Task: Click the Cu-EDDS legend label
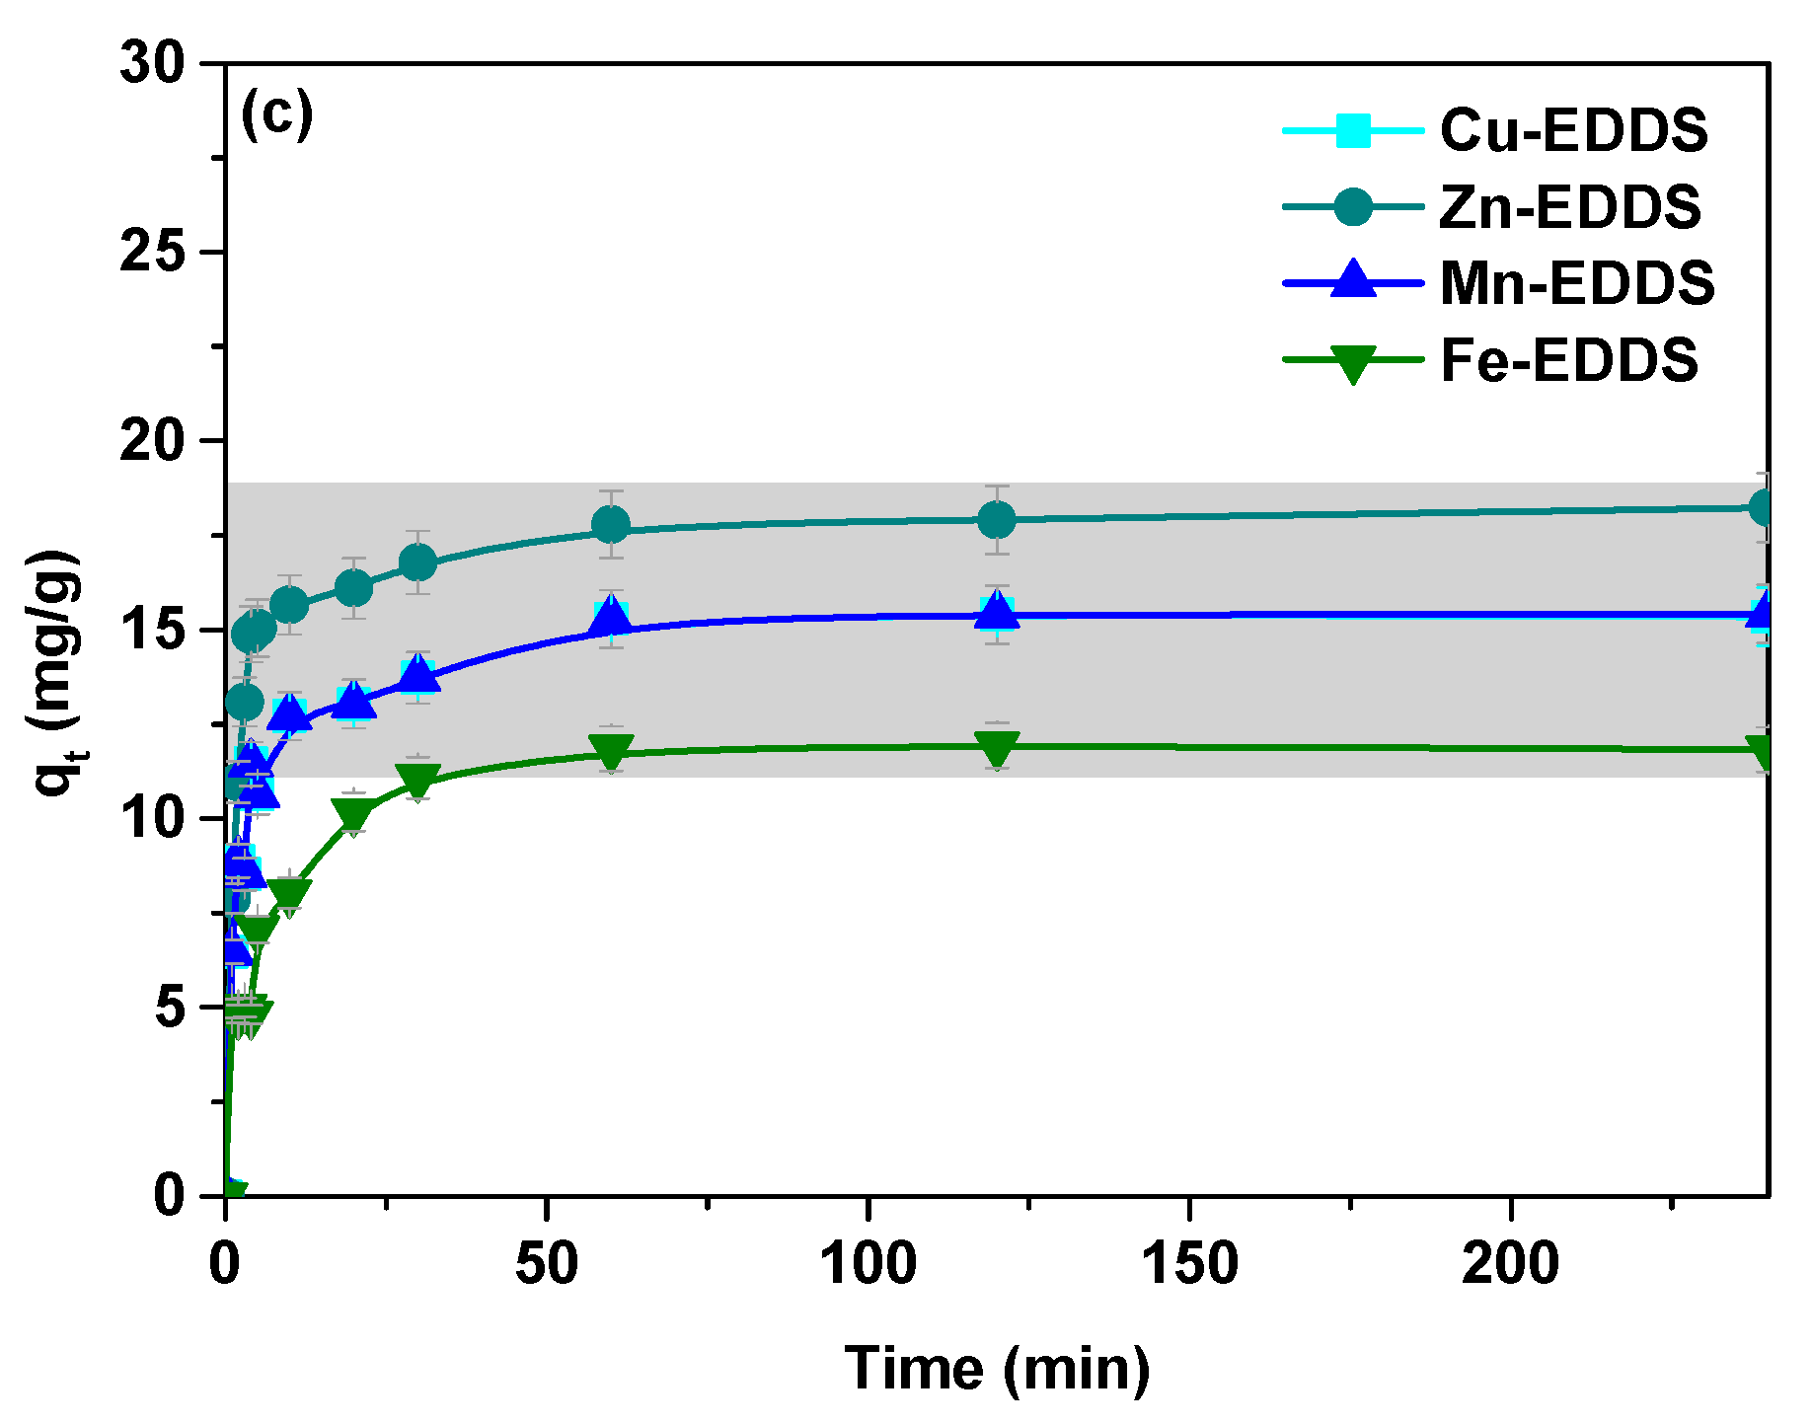point(1573,129)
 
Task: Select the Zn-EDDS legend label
point(1570,207)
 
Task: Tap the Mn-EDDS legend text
point(1577,283)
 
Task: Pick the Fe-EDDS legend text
point(1569,360)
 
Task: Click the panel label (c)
point(276,114)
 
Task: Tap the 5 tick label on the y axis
point(170,1008)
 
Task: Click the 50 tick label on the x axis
point(546,1263)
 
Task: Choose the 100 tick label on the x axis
point(868,1263)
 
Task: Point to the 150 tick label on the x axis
point(1189,1263)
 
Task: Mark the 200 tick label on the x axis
point(1510,1263)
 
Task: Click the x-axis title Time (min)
point(997,1370)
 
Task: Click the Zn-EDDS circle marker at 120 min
point(997,519)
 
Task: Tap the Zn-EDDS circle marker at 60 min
point(611,524)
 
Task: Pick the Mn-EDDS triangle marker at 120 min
point(997,613)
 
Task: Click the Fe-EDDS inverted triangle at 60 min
point(611,752)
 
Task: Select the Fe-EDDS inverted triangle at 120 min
point(997,748)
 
